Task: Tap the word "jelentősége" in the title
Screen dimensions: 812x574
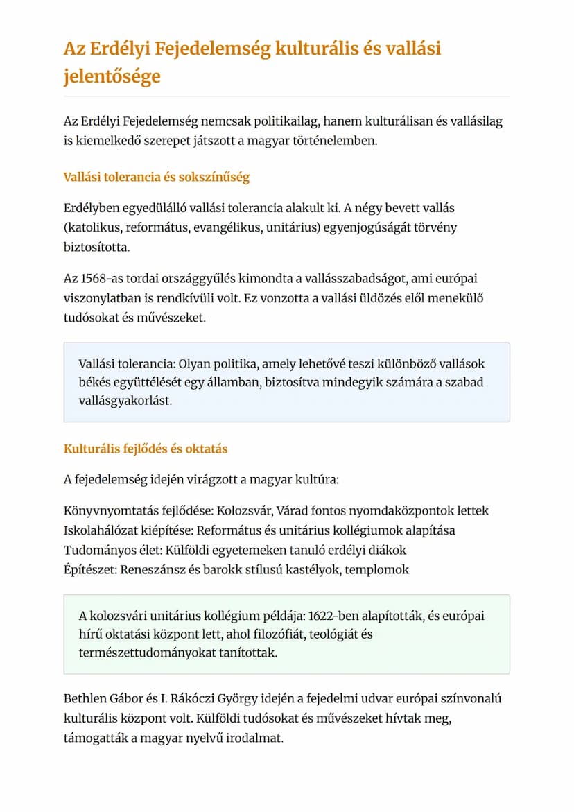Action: pyautogui.click(x=112, y=76)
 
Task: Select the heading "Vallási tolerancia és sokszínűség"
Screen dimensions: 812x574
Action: pyautogui.click(x=156, y=177)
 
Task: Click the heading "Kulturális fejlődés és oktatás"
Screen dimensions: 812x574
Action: pyautogui.click(x=146, y=449)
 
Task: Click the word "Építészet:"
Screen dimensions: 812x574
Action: pyautogui.click(x=89, y=570)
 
